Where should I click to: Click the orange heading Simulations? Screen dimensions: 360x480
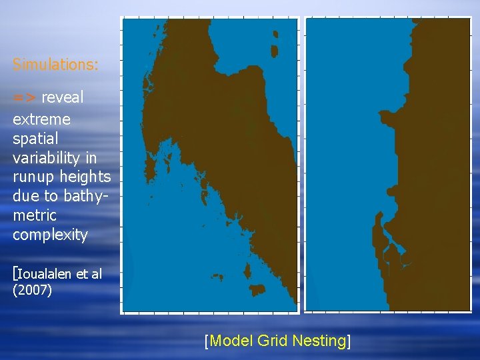click(x=55, y=65)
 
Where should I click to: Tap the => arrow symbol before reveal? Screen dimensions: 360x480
click(x=25, y=97)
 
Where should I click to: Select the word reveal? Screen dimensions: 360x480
click(x=63, y=97)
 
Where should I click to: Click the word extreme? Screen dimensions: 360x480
click(x=41, y=119)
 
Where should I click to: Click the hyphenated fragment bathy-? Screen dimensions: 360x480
click(x=84, y=196)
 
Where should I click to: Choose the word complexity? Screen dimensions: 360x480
click(x=50, y=235)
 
